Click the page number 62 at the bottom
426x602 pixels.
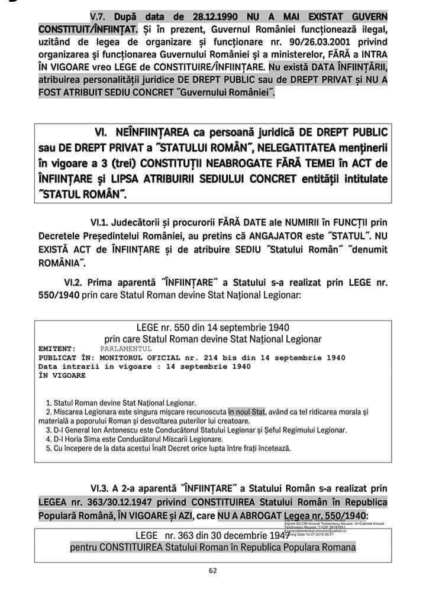pos(213,571)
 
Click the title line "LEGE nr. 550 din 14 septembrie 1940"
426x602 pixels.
pos(213,328)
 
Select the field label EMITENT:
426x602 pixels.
pos(57,349)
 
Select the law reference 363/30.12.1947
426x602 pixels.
pos(108,501)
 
